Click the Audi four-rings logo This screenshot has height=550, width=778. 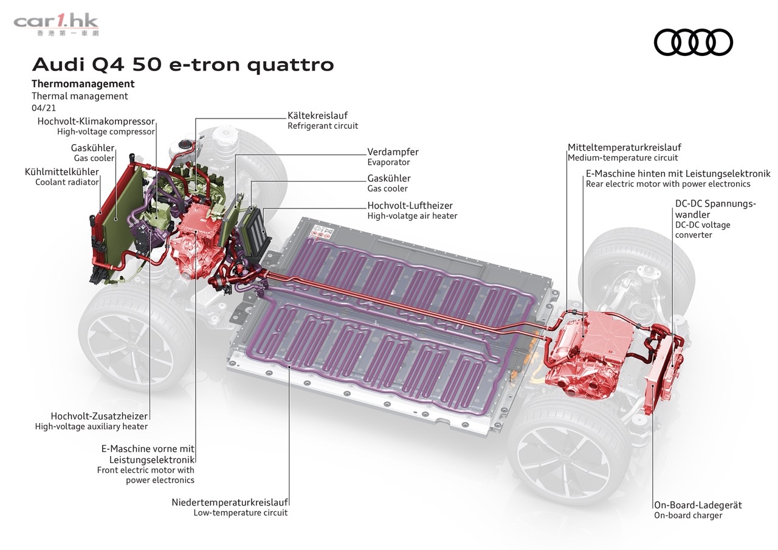coord(693,43)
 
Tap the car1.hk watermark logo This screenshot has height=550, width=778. coord(56,24)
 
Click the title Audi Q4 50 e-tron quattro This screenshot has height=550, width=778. coord(182,64)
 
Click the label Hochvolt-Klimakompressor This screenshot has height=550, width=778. coord(96,122)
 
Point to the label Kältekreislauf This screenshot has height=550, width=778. coord(317,115)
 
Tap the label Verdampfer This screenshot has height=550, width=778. coord(393,152)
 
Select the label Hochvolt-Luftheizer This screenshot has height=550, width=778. coord(410,205)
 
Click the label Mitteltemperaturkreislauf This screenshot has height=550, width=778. coord(624,148)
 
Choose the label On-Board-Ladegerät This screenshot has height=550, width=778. coord(698,505)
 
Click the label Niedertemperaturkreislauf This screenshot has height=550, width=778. coord(230,502)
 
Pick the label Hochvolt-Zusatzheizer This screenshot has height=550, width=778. coord(99,416)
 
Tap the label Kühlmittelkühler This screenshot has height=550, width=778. coord(61,172)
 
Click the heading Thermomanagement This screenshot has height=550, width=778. coord(83,84)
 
